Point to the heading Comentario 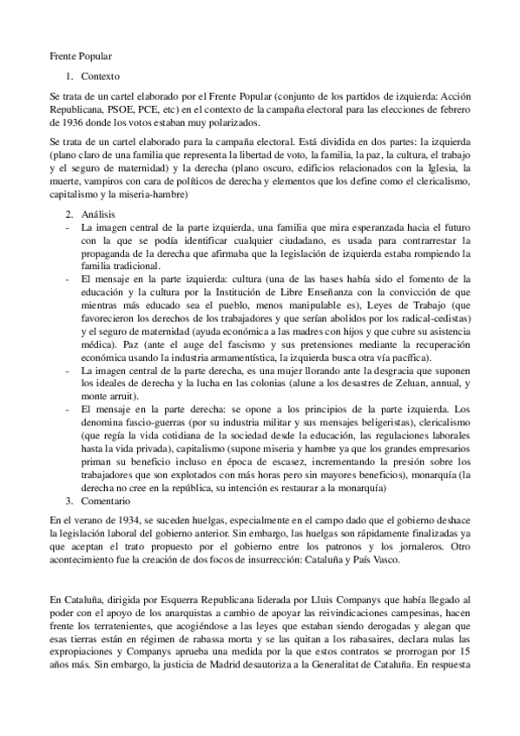102,502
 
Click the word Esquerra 160,600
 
